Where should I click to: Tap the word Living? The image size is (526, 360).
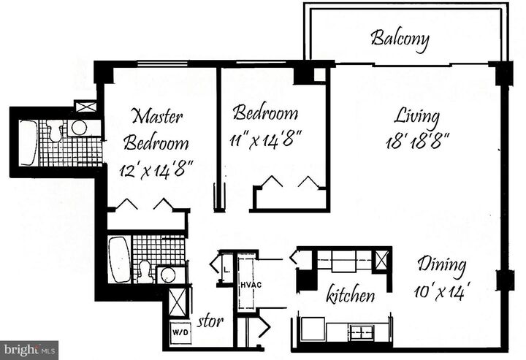(417, 115)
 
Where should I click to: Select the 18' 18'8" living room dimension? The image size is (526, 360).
(417, 139)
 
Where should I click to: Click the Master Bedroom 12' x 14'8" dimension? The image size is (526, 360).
(156, 170)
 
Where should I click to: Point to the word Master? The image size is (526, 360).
(157, 116)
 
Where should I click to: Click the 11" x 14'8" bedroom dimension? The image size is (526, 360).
(267, 137)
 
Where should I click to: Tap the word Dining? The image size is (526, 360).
(441, 264)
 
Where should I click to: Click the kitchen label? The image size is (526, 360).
(351, 295)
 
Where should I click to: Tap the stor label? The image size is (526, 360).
(212, 321)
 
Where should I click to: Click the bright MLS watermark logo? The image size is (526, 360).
(29, 350)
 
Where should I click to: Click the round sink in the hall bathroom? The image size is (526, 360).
(167, 275)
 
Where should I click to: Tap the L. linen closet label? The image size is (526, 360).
(226, 267)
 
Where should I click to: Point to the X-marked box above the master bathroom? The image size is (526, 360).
(85, 107)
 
